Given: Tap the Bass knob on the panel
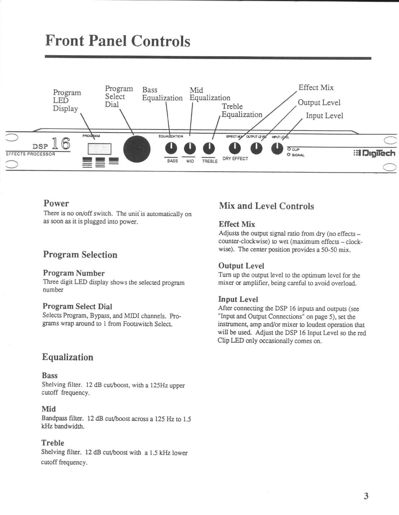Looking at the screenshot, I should (170, 148).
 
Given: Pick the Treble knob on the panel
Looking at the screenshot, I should (208, 148).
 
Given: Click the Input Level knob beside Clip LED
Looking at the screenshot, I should (277, 148).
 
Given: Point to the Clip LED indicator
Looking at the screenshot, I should (289, 149).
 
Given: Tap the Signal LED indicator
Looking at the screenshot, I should (289, 155).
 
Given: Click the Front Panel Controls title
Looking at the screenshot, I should (118, 41).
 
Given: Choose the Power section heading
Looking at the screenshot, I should (56, 203).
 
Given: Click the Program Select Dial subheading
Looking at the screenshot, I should (77, 306).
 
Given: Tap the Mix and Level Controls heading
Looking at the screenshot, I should (266, 206).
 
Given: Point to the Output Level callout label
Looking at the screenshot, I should (319, 102).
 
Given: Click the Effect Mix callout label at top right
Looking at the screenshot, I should (316, 88).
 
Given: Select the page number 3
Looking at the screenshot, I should (366, 496).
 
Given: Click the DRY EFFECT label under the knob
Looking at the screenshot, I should (235, 159).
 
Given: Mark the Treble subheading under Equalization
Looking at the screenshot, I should (53, 443).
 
